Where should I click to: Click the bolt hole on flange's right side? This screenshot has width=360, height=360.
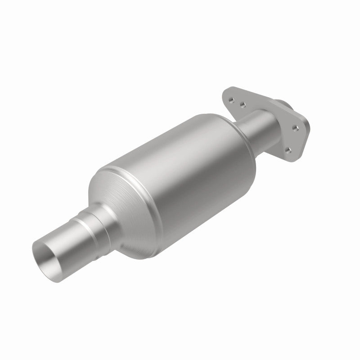(295, 129)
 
